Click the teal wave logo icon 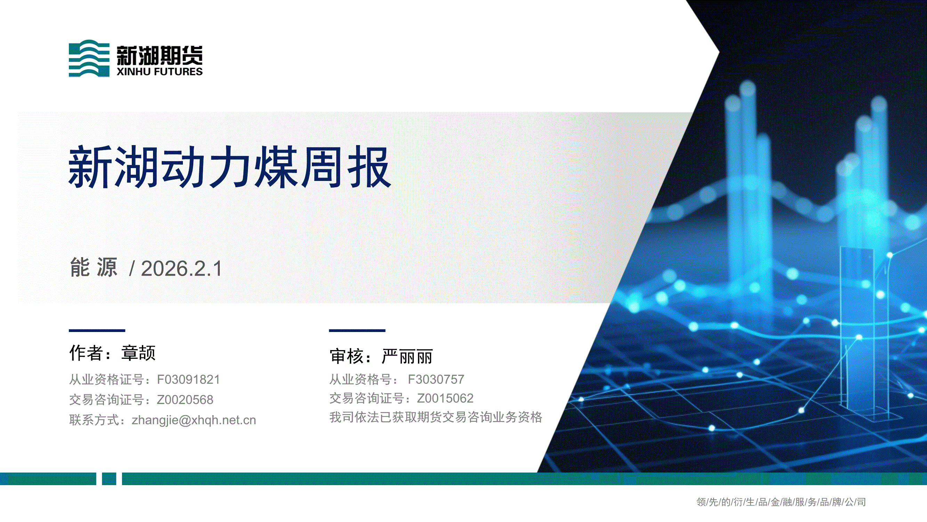[x=89, y=58]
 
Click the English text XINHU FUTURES [x=159, y=72]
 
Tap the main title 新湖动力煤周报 [x=229, y=167]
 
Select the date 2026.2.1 [x=182, y=269]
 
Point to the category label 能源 [x=94, y=267]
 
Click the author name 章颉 [x=138, y=353]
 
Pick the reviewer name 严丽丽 [x=407, y=357]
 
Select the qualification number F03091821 [x=188, y=380]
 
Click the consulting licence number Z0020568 [x=185, y=400]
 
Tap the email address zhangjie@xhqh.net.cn [x=194, y=420]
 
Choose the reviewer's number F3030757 [x=436, y=379]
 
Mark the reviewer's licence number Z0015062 [x=445, y=398]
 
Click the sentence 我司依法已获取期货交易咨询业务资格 [x=436, y=417]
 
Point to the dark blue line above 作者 [x=97, y=330]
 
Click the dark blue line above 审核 [x=357, y=330]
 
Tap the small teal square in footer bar [x=109, y=479]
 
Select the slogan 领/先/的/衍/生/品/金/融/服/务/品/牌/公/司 [x=781, y=502]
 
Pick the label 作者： [x=91, y=353]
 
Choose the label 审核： [x=351, y=357]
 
